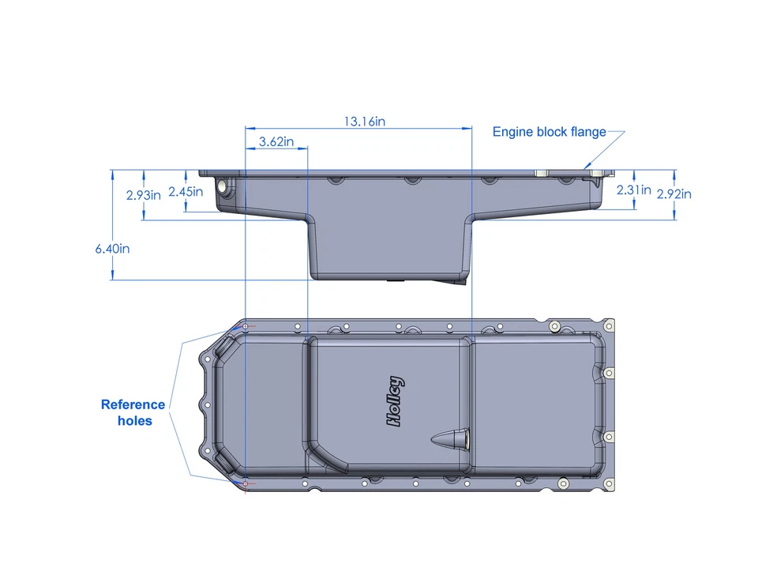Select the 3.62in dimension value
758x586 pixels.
tap(276, 142)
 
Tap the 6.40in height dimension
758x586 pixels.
tap(112, 248)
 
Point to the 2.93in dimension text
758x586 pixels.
tap(144, 194)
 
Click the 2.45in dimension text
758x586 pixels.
tap(186, 191)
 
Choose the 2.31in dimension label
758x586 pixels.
tap(633, 190)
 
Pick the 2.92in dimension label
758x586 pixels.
tap(674, 193)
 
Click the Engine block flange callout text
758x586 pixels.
tap(549, 132)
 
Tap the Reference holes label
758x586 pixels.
tap(133, 412)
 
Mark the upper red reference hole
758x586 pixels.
tap(245, 327)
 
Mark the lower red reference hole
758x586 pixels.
tap(245, 483)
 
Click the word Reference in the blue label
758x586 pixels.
tap(133, 404)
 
